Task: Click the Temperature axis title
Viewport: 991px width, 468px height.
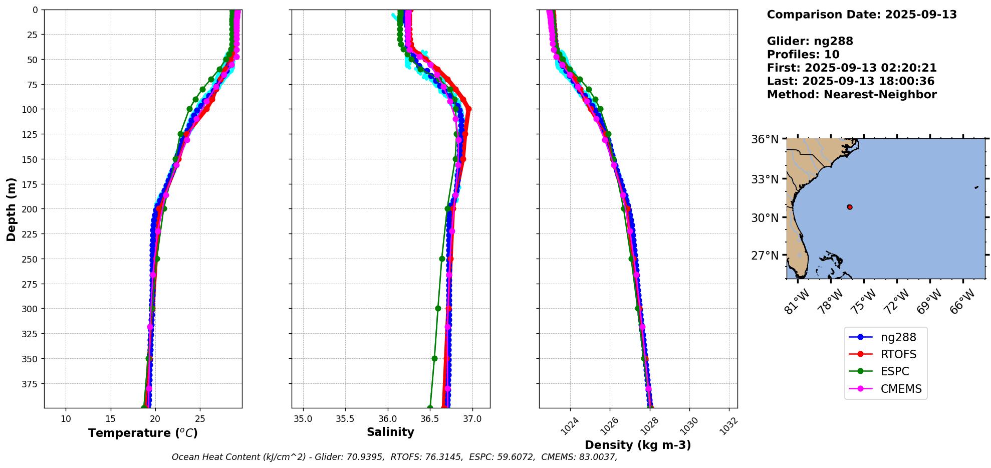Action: tap(143, 433)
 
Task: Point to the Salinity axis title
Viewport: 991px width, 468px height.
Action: tap(390, 432)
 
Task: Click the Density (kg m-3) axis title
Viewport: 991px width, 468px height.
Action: tap(638, 445)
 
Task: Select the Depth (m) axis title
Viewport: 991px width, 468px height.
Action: tap(12, 209)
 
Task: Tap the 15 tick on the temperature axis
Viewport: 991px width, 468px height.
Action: tap(111, 419)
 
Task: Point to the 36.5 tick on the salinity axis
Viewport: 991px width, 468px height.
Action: tap(430, 419)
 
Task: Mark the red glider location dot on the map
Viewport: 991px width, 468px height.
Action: tap(849, 207)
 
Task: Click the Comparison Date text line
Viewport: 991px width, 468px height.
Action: tap(862, 15)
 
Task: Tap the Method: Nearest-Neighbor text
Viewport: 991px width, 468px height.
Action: tap(852, 94)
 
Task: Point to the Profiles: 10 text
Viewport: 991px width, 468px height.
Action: tap(803, 55)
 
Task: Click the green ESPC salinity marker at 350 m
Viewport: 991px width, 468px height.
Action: tap(434, 358)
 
